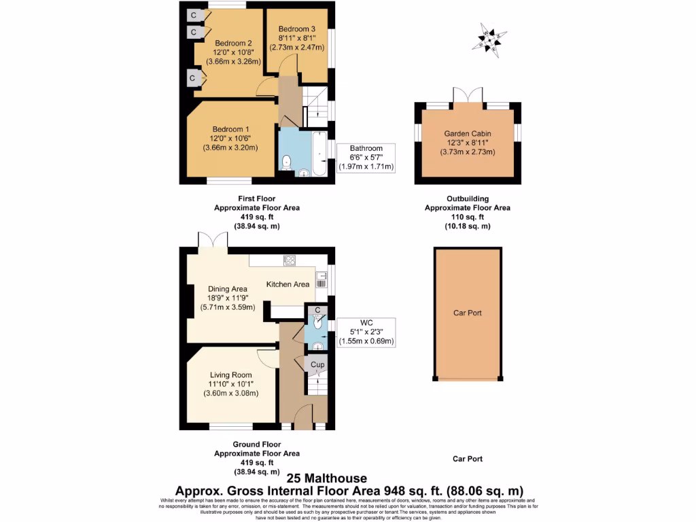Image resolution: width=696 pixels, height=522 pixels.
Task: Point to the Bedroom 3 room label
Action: coord(296,29)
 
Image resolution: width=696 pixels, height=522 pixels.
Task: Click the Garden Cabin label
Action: coord(468,134)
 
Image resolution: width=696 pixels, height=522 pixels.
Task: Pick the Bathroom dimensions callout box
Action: coord(366,157)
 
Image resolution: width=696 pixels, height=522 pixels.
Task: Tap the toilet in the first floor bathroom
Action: coord(288,162)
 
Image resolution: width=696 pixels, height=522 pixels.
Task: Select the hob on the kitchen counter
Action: coord(289,259)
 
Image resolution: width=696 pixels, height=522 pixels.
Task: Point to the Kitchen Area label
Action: coord(288,284)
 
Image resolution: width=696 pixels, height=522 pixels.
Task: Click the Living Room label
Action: coord(230,375)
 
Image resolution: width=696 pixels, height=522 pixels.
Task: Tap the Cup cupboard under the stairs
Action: coord(317,365)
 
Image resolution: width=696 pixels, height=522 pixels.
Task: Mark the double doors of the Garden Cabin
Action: coord(468,95)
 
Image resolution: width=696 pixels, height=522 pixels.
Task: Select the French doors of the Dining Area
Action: coord(213,240)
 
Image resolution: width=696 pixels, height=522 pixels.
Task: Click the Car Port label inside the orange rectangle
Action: coord(468,313)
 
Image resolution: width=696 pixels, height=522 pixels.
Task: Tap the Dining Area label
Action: coord(228,288)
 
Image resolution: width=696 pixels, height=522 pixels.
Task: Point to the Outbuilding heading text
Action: coord(468,199)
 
